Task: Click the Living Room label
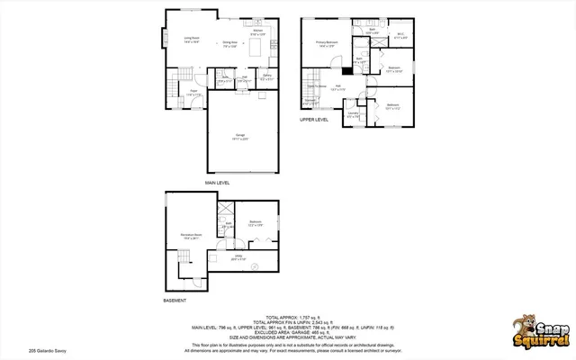point(167,39)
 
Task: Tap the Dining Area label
point(229,43)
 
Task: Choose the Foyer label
point(193,91)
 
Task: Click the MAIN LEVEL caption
point(217,182)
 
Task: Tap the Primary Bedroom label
point(327,42)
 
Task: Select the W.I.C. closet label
point(400,36)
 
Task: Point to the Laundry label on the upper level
point(354,115)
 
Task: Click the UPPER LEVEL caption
point(314,119)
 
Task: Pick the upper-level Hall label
point(338,87)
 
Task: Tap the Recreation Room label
point(190,235)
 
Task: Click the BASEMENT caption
point(175,300)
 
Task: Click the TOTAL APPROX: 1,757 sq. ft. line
point(287,317)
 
